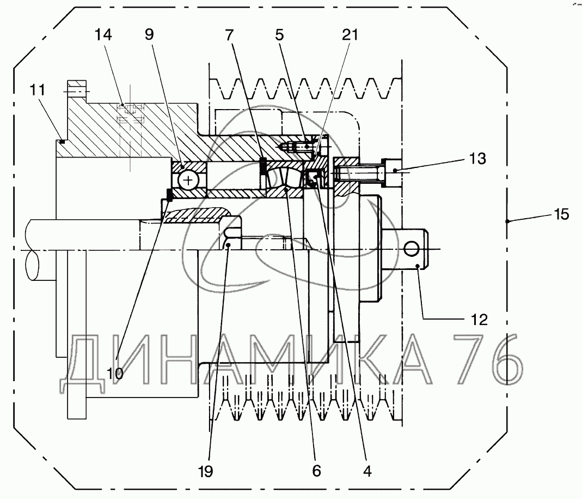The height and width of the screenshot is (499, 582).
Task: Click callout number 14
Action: (x=103, y=35)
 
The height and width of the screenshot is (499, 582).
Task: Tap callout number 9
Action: (x=149, y=34)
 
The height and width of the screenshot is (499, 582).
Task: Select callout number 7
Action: (x=229, y=35)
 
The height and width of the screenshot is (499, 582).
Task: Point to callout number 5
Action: (x=279, y=35)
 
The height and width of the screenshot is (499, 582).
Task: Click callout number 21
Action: (x=350, y=34)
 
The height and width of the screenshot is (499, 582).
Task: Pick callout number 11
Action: (x=37, y=89)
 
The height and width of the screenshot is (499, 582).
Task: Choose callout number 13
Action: (x=477, y=158)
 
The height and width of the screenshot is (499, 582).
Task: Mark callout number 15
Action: (x=561, y=214)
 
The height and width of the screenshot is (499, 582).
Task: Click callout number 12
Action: (x=479, y=320)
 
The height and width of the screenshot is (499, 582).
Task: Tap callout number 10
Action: (x=115, y=373)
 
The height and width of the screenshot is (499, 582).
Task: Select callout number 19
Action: (x=205, y=472)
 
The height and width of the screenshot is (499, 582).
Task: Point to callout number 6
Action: (x=316, y=471)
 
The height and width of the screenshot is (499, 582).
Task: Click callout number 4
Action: (x=367, y=472)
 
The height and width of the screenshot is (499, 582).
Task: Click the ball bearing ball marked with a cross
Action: (x=188, y=181)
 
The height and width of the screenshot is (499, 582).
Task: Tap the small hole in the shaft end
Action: (x=411, y=248)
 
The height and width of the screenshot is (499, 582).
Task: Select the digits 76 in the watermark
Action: (x=488, y=359)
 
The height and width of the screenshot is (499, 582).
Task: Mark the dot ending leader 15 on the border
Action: (x=507, y=221)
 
